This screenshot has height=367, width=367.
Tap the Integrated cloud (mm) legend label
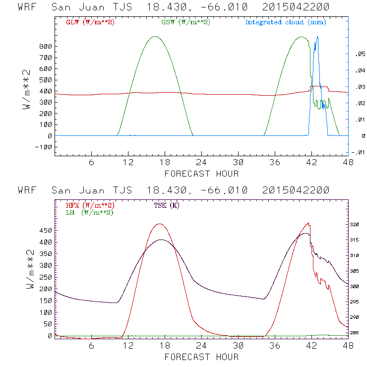[x=286, y=22]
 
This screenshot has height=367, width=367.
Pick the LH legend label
[x=89, y=212]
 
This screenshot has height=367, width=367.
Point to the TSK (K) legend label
[x=166, y=205]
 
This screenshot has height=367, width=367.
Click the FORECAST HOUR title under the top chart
[x=201, y=174]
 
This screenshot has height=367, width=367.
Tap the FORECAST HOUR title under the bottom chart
[x=201, y=357]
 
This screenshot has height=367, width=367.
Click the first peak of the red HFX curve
[x=159, y=224]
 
